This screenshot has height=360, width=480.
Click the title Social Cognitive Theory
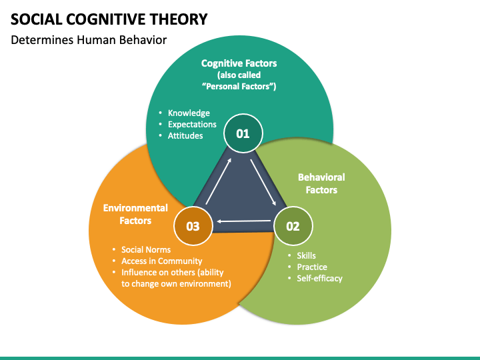[x=108, y=18]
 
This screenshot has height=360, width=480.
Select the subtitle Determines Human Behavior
[x=89, y=40]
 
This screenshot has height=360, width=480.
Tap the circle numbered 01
[x=243, y=133]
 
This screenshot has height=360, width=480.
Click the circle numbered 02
[x=293, y=226]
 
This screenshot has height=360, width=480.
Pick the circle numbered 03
[x=193, y=226]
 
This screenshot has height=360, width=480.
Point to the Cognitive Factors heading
[x=239, y=63]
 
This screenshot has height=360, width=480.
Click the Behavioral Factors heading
[x=321, y=183]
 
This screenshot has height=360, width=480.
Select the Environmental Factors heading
[x=135, y=214]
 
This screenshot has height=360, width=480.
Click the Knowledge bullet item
[x=189, y=113]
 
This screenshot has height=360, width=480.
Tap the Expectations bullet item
[x=192, y=124]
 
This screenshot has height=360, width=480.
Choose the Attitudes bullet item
[x=185, y=135]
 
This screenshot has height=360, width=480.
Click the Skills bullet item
[x=306, y=255]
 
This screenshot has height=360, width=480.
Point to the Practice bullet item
[x=312, y=267]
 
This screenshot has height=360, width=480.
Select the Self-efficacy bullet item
[x=319, y=278]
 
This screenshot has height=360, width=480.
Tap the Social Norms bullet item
[x=145, y=250]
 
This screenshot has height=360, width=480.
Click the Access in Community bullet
[x=161, y=261]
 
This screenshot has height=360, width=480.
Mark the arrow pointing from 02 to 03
[x=243, y=221]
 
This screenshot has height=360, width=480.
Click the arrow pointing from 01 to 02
[x=263, y=183]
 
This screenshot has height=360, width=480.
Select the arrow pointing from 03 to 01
[x=218, y=181]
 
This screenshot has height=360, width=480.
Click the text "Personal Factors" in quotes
[x=239, y=87]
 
